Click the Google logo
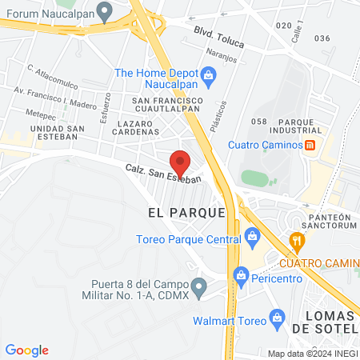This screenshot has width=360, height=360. [x=27, y=350]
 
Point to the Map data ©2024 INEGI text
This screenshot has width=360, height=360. [x=312, y=354]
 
